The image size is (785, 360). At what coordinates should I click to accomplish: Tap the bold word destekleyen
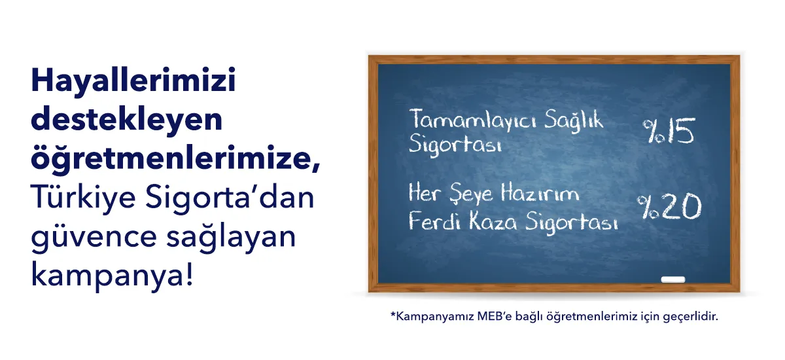click(127, 120)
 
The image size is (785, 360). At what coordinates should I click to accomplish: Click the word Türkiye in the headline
click(83, 198)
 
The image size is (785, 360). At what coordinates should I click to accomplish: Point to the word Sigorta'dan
click(230, 198)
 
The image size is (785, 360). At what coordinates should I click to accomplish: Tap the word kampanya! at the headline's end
click(112, 276)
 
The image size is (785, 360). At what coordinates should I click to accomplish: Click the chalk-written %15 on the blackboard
click(669, 130)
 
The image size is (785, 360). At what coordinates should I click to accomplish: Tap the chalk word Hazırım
click(540, 193)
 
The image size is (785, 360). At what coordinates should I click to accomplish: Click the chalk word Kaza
click(493, 221)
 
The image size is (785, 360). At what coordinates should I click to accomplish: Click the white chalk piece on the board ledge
click(673, 279)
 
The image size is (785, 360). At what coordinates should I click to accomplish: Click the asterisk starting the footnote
click(393, 314)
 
